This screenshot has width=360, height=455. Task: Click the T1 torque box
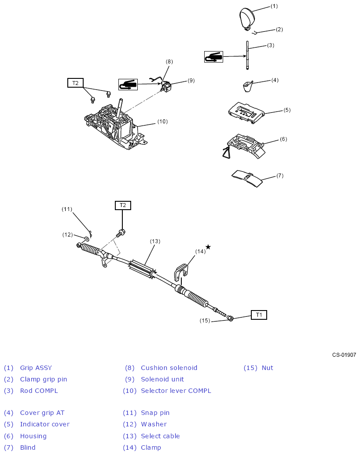259,315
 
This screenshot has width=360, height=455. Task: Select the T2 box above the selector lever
75,83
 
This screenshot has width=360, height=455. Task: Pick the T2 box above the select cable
123,205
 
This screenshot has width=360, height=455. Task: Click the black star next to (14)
208,247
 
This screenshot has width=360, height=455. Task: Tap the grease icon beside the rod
213,56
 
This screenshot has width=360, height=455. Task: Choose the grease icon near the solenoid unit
128,84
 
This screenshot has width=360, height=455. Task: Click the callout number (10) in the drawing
162,122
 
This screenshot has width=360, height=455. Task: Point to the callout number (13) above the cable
155,241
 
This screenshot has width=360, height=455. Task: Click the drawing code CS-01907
344,355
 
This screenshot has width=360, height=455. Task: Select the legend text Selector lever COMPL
176,391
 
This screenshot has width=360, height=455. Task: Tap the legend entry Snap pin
155,413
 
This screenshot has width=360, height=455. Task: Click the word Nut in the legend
267,368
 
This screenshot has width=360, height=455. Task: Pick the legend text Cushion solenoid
169,368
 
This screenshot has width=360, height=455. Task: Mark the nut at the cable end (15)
230,318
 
